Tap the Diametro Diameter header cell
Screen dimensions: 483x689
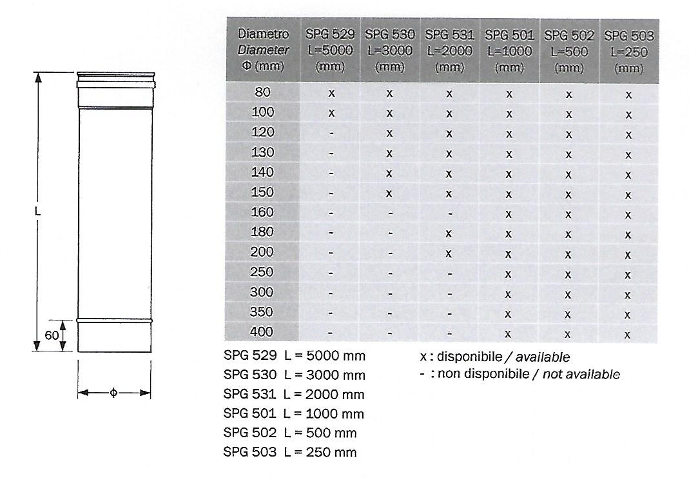264,49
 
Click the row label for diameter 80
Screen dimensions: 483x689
262,92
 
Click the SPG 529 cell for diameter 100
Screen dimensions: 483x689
331,113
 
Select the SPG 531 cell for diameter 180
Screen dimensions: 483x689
449,233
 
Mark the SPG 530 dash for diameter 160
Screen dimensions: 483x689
390,213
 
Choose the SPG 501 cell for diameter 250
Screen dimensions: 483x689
509,273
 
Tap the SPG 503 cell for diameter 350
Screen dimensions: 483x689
628,314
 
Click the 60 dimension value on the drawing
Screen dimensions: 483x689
52,336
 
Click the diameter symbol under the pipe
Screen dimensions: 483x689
114,393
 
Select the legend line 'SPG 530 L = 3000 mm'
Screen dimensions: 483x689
294,375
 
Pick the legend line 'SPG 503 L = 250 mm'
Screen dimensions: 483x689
290,452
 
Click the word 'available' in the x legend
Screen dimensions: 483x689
544,357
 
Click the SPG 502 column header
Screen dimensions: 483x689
568,50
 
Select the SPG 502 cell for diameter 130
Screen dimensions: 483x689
568,153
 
